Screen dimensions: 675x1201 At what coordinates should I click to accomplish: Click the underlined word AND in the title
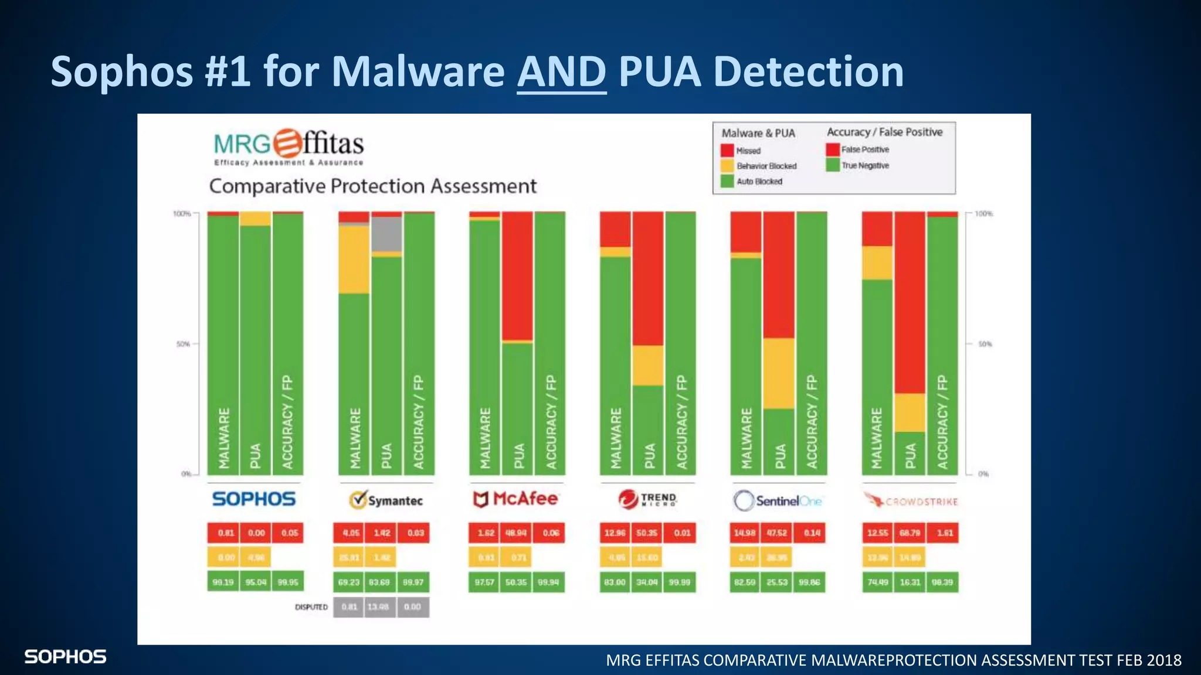(561, 71)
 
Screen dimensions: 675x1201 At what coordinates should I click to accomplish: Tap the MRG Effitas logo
(289, 146)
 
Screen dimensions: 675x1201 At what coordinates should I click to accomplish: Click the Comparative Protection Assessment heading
(372, 186)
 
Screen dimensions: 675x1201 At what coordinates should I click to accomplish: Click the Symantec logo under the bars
(386, 500)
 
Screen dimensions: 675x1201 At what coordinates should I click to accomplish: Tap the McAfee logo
(515, 499)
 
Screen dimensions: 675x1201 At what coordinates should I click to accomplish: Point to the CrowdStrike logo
(910, 501)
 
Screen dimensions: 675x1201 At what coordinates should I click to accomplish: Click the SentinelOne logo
(778, 500)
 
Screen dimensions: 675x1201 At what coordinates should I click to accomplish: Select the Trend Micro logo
(647, 499)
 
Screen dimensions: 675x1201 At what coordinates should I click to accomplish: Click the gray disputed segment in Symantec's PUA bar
(386, 234)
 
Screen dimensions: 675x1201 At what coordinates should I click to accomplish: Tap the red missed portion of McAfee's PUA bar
(517, 275)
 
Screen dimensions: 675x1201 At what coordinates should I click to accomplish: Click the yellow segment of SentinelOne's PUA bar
(778, 373)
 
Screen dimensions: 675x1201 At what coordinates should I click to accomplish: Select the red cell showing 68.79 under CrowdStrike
(910, 533)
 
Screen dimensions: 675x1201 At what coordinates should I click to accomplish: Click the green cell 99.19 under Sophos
(223, 582)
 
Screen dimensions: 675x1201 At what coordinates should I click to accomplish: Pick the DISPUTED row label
(311, 607)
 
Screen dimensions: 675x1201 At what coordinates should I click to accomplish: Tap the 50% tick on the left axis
(183, 344)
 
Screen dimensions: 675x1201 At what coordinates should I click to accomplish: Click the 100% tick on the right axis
(983, 214)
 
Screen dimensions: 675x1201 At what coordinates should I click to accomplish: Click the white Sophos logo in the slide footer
(65, 657)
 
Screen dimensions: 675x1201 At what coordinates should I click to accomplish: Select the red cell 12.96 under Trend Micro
(615, 533)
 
